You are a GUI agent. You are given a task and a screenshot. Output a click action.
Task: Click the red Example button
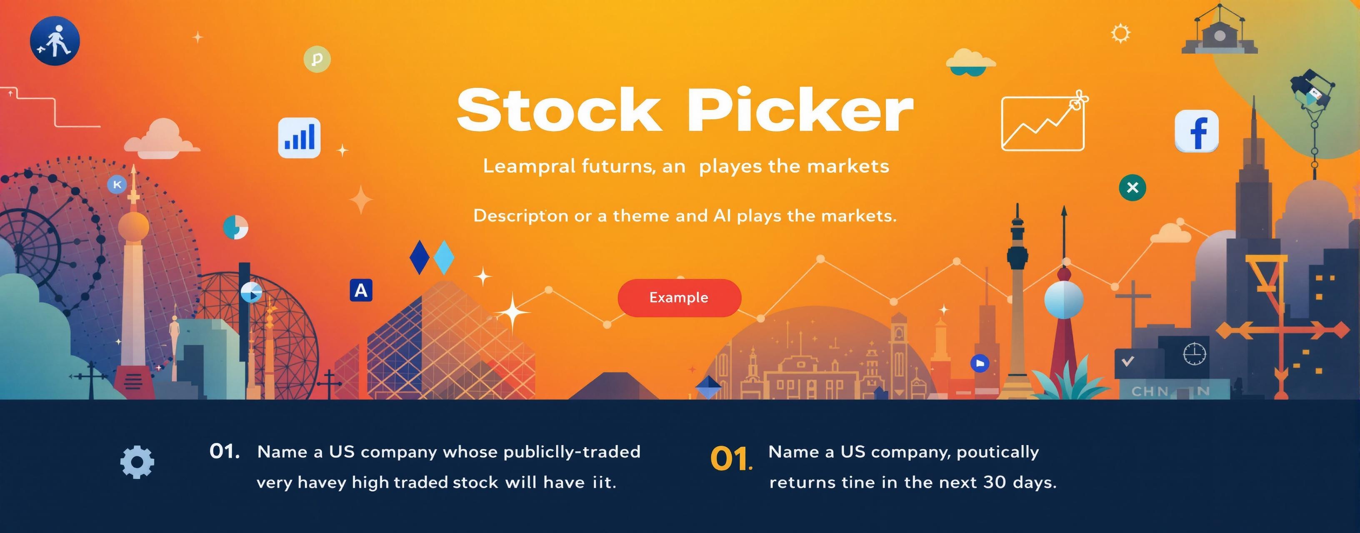[679, 298]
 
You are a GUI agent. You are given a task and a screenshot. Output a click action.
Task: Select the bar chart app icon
[299, 137]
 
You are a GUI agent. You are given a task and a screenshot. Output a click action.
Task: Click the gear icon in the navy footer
[137, 462]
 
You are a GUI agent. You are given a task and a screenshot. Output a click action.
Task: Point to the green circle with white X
[1132, 187]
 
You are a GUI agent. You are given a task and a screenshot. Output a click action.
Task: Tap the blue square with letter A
[361, 290]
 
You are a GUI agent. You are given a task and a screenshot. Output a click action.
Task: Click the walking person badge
[55, 41]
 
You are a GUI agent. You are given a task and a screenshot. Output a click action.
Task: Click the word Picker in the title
[800, 110]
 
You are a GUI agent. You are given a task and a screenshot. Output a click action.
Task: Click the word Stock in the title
[559, 110]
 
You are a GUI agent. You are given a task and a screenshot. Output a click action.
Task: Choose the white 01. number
[225, 452]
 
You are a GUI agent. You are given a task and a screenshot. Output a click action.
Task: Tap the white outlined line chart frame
[1042, 124]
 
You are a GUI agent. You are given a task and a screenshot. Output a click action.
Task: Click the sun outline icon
[1120, 33]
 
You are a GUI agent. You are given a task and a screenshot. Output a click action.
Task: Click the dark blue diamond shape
[419, 257]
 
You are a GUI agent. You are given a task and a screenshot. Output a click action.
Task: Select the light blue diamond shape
[443, 257]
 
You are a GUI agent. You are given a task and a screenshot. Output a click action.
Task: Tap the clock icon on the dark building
[1194, 354]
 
